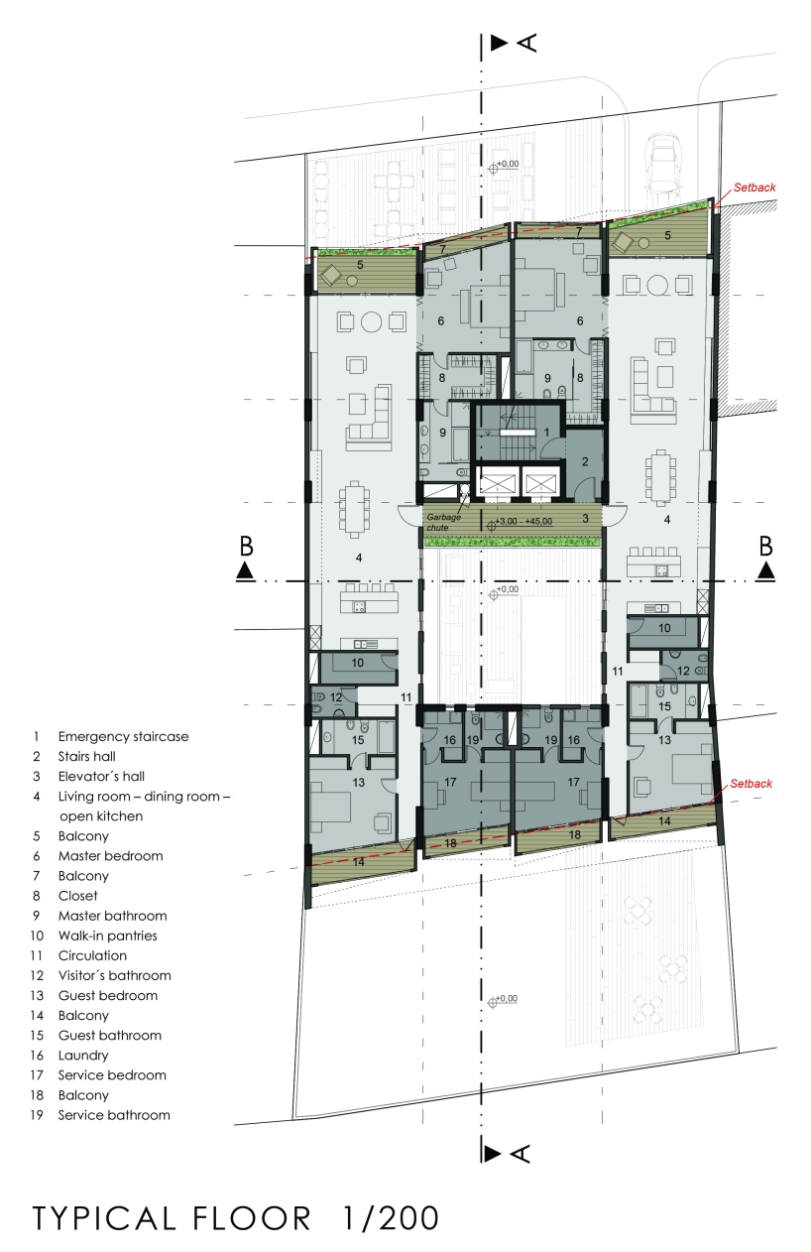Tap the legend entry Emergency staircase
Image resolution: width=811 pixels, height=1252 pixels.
point(123,737)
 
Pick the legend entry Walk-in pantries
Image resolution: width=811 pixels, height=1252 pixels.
point(107,936)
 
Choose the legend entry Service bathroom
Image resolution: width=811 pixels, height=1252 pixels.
point(114,1115)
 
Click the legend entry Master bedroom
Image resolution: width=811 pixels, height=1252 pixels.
point(110,856)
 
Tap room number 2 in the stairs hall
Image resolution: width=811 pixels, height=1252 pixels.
point(584,461)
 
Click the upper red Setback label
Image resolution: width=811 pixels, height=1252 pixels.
point(754,186)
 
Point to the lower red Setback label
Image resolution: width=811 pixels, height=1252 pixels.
point(751,784)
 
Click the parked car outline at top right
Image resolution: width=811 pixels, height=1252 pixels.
point(663,162)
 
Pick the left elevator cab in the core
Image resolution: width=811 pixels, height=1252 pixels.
point(495,485)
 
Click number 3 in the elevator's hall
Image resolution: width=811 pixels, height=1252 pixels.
point(585,518)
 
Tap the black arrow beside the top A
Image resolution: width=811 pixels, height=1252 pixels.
point(499,42)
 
